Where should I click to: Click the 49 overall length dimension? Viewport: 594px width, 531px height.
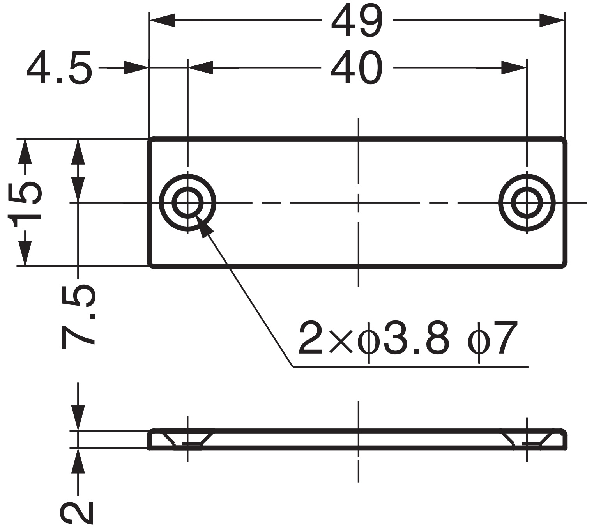(357, 21)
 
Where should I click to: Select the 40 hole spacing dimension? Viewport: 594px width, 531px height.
(357, 68)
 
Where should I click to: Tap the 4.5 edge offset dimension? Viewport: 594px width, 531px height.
(59, 68)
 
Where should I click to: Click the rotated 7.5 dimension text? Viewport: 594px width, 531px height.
(78, 316)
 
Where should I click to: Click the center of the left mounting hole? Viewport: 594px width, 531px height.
(187, 203)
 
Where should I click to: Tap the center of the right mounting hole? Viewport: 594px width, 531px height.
(527, 203)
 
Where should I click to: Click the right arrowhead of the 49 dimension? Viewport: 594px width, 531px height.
(552, 20)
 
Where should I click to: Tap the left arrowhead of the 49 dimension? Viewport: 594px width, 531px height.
(162, 20)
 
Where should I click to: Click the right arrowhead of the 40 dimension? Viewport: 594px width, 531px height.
(514, 68)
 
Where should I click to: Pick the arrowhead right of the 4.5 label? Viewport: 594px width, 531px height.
(136, 68)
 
